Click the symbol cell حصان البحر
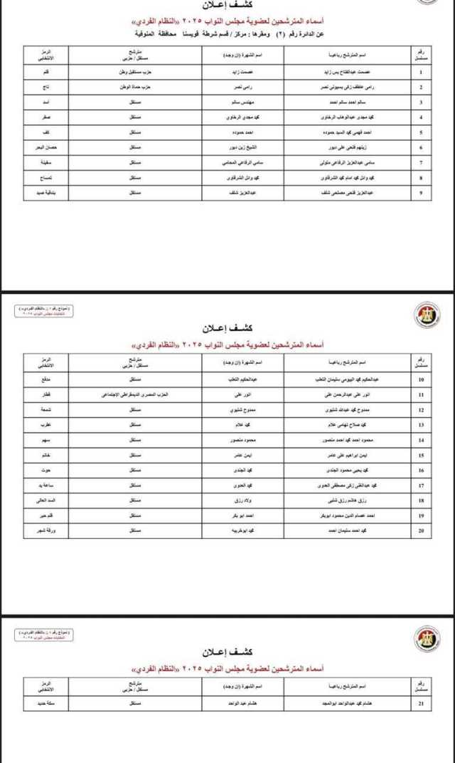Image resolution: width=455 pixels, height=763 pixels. (45, 147)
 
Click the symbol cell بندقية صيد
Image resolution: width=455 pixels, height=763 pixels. (45, 191)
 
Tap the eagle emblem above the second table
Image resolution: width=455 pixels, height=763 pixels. (427, 315)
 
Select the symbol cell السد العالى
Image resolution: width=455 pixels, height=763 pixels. (45, 501)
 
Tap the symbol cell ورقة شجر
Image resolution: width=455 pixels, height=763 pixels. (45, 531)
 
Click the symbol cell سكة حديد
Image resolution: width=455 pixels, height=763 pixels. (45, 704)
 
